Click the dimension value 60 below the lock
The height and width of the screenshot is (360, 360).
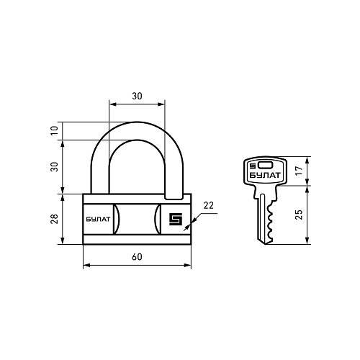137,257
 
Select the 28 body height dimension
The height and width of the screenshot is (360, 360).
55,219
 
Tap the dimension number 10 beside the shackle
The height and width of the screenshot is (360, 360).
55,130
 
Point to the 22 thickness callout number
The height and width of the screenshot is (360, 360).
208,205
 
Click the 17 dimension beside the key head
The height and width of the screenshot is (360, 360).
300,170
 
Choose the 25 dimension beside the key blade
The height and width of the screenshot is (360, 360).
300,215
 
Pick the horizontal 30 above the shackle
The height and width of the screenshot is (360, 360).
137,96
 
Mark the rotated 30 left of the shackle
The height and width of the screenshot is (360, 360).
55,167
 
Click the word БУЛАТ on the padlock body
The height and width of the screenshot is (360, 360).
98,220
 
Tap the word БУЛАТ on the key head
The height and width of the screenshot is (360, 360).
265,176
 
